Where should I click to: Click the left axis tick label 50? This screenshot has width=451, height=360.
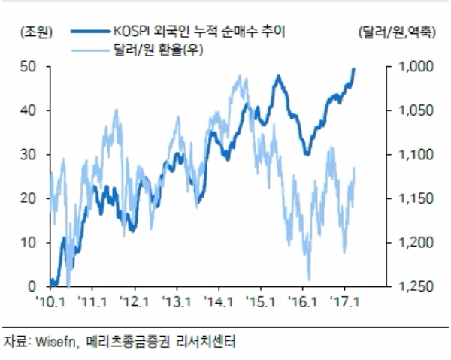[29, 67]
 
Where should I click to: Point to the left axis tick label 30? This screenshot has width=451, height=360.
[29, 155]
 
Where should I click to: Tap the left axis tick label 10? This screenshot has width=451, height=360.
[29, 243]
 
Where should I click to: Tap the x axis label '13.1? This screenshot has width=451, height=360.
[176, 301]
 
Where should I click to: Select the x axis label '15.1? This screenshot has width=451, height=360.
[260, 301]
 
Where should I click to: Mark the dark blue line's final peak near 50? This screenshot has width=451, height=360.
[354, 69]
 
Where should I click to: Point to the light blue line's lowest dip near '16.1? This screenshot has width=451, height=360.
[309, 278]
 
